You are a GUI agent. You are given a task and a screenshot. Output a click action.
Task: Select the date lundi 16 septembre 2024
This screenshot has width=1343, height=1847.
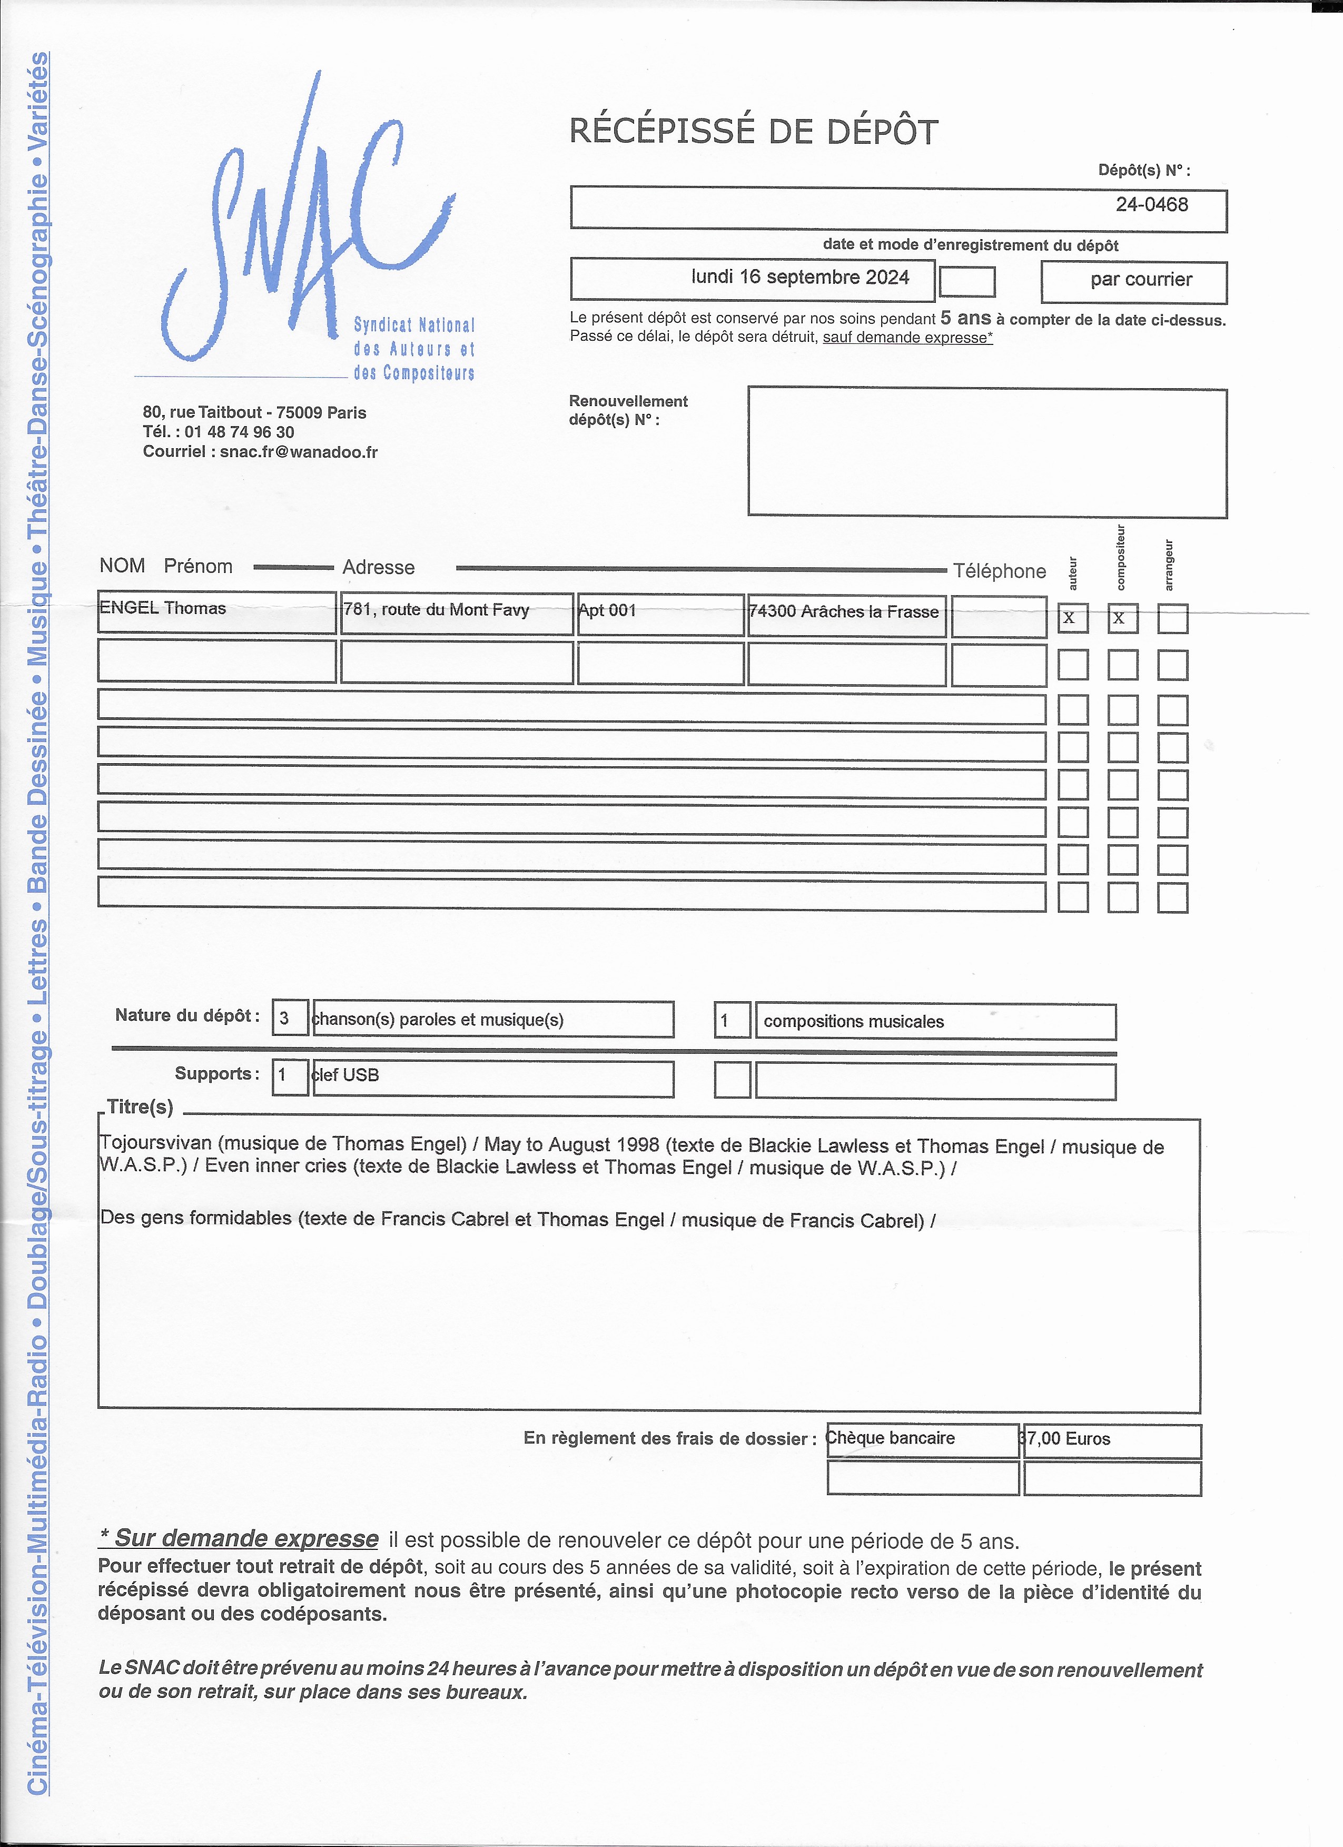pos(800,278)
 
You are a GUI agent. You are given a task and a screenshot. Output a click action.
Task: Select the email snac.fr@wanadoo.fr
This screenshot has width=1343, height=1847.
pos(298,452)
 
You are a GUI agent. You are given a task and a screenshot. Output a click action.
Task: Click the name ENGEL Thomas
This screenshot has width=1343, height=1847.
pos(163,608)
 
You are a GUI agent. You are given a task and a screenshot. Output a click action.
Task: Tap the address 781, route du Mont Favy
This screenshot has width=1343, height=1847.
pos(437,610)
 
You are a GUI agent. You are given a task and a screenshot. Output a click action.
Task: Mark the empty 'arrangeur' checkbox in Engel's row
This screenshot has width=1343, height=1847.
pos(1172,619)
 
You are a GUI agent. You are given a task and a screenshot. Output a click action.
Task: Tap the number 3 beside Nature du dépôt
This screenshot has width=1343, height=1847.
pos(284,1019)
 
